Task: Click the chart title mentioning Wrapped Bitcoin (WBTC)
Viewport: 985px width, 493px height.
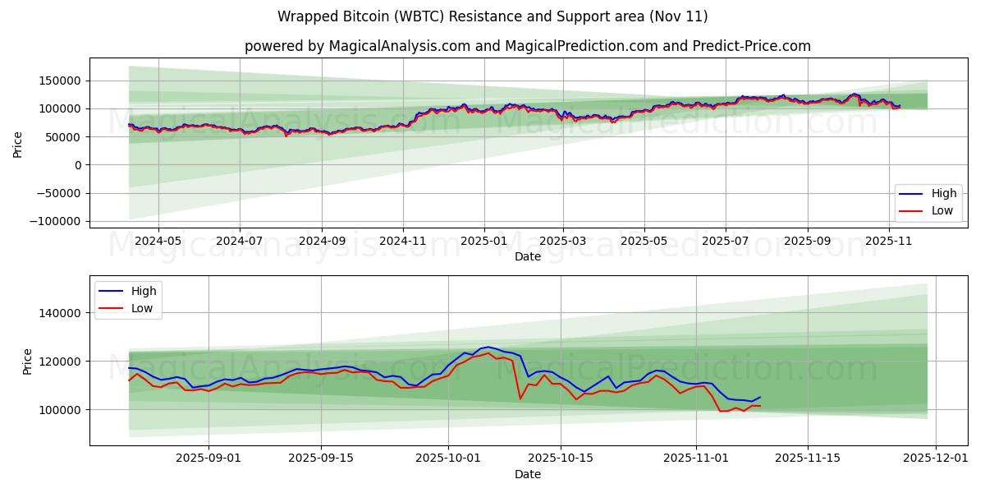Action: tap(492, 16)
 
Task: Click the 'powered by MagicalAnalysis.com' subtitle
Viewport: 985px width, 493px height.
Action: tap(527, 46)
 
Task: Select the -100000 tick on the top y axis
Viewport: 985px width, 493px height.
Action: tap(57, 222)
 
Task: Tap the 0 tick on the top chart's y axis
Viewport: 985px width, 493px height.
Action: tap(78, 165)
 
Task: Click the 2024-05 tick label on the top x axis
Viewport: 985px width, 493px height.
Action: tap(158, 242)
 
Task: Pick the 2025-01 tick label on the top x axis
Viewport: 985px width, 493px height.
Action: tap(483, 242)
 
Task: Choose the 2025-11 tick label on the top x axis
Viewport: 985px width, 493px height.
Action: tap(889, 242)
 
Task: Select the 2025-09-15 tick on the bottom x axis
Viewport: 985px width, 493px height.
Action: tap(320, 458)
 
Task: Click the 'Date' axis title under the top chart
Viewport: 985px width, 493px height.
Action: tap(527, 256)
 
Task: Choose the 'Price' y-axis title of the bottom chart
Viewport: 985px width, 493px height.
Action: tap(28, 362)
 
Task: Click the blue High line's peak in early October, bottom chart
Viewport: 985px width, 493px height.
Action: tap(488, 347)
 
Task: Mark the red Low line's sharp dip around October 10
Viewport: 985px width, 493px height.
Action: tap(520, 399)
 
